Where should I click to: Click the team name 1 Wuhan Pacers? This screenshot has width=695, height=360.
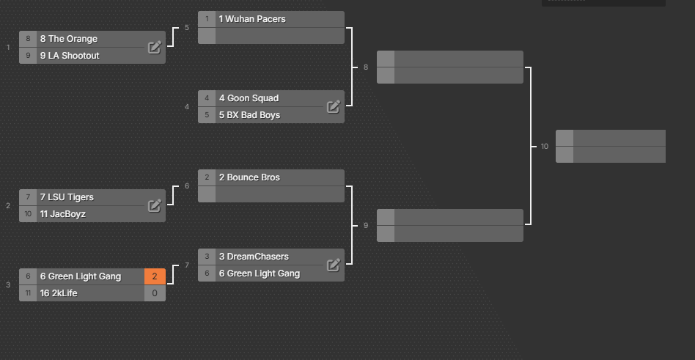[252, 19]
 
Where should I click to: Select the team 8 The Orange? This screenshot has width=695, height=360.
[69, 39]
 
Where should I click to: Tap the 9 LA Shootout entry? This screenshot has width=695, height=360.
[70, 56]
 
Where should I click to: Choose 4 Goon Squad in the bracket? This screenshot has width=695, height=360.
[249, 98]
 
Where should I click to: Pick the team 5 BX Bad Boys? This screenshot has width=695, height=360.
[249, 115]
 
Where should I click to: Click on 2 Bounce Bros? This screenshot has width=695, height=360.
[249, 177]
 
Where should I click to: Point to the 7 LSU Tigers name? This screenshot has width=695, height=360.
[67, 197]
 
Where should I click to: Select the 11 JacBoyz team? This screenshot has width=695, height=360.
[63, 214]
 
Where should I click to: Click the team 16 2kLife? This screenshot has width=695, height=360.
[59, 293]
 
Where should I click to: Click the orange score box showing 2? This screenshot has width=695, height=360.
[155, 276]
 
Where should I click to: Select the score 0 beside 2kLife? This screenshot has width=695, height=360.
[155, 293]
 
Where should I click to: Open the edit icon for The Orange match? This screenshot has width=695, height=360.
[154, 47]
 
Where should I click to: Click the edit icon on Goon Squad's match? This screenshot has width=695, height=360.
[334, 106]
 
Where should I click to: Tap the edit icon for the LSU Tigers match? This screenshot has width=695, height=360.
[154, 205]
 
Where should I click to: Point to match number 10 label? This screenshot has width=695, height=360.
[544, 147]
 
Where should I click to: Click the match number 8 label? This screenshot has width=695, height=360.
[366, 67]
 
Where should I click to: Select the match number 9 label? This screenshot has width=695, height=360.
[366, 226]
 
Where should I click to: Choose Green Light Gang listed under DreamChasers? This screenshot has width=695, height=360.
[260, 273]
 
